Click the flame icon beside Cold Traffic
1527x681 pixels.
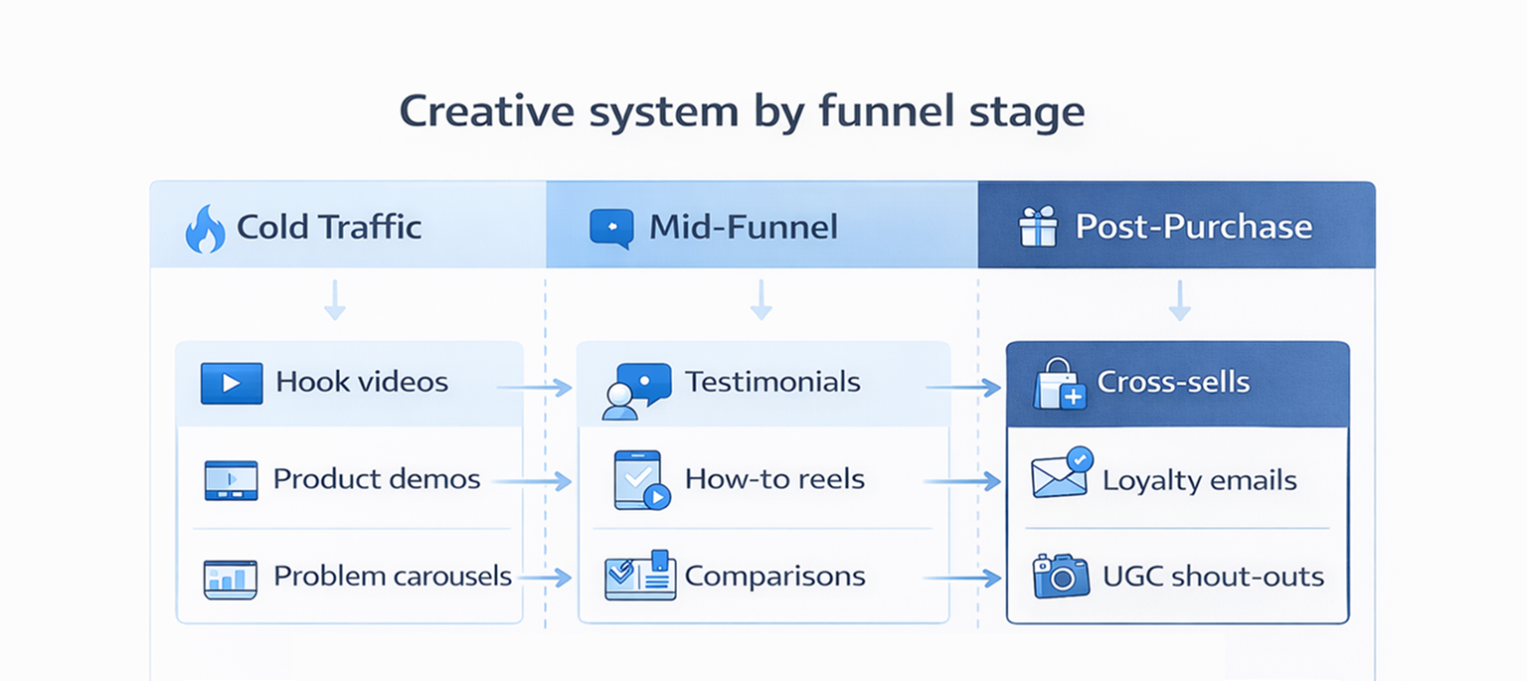pos(205,229)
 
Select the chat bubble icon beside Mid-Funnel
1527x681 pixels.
pos(611,227)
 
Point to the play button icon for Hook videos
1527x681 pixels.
pos(231,383)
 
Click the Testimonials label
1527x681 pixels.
pos(772,382)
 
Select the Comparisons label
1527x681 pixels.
pos(774,576)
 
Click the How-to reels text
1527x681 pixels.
pos(774,479)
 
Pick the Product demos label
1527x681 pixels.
pos(376,479)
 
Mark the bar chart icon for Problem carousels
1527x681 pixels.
pos(230,578)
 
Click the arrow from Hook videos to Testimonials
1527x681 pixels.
pos(535,388)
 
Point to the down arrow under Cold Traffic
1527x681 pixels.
pos(335,300)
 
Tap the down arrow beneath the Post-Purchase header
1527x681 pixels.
pos(1179,300)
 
